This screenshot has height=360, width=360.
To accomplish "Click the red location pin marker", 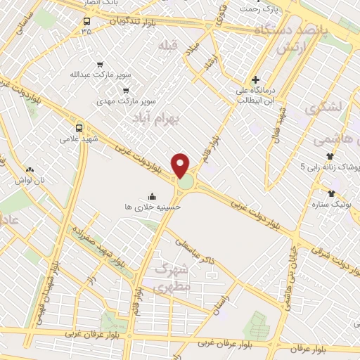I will pos(181,165).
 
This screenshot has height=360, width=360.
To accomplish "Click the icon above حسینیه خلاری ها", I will pos(153,196).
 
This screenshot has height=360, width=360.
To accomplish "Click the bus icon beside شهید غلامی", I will pos(79,129).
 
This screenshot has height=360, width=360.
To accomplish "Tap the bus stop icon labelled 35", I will pos(86,20).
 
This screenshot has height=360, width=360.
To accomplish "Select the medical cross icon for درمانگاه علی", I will pos(255,79).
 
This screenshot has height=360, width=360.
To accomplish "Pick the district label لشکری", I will pos(324,108).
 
